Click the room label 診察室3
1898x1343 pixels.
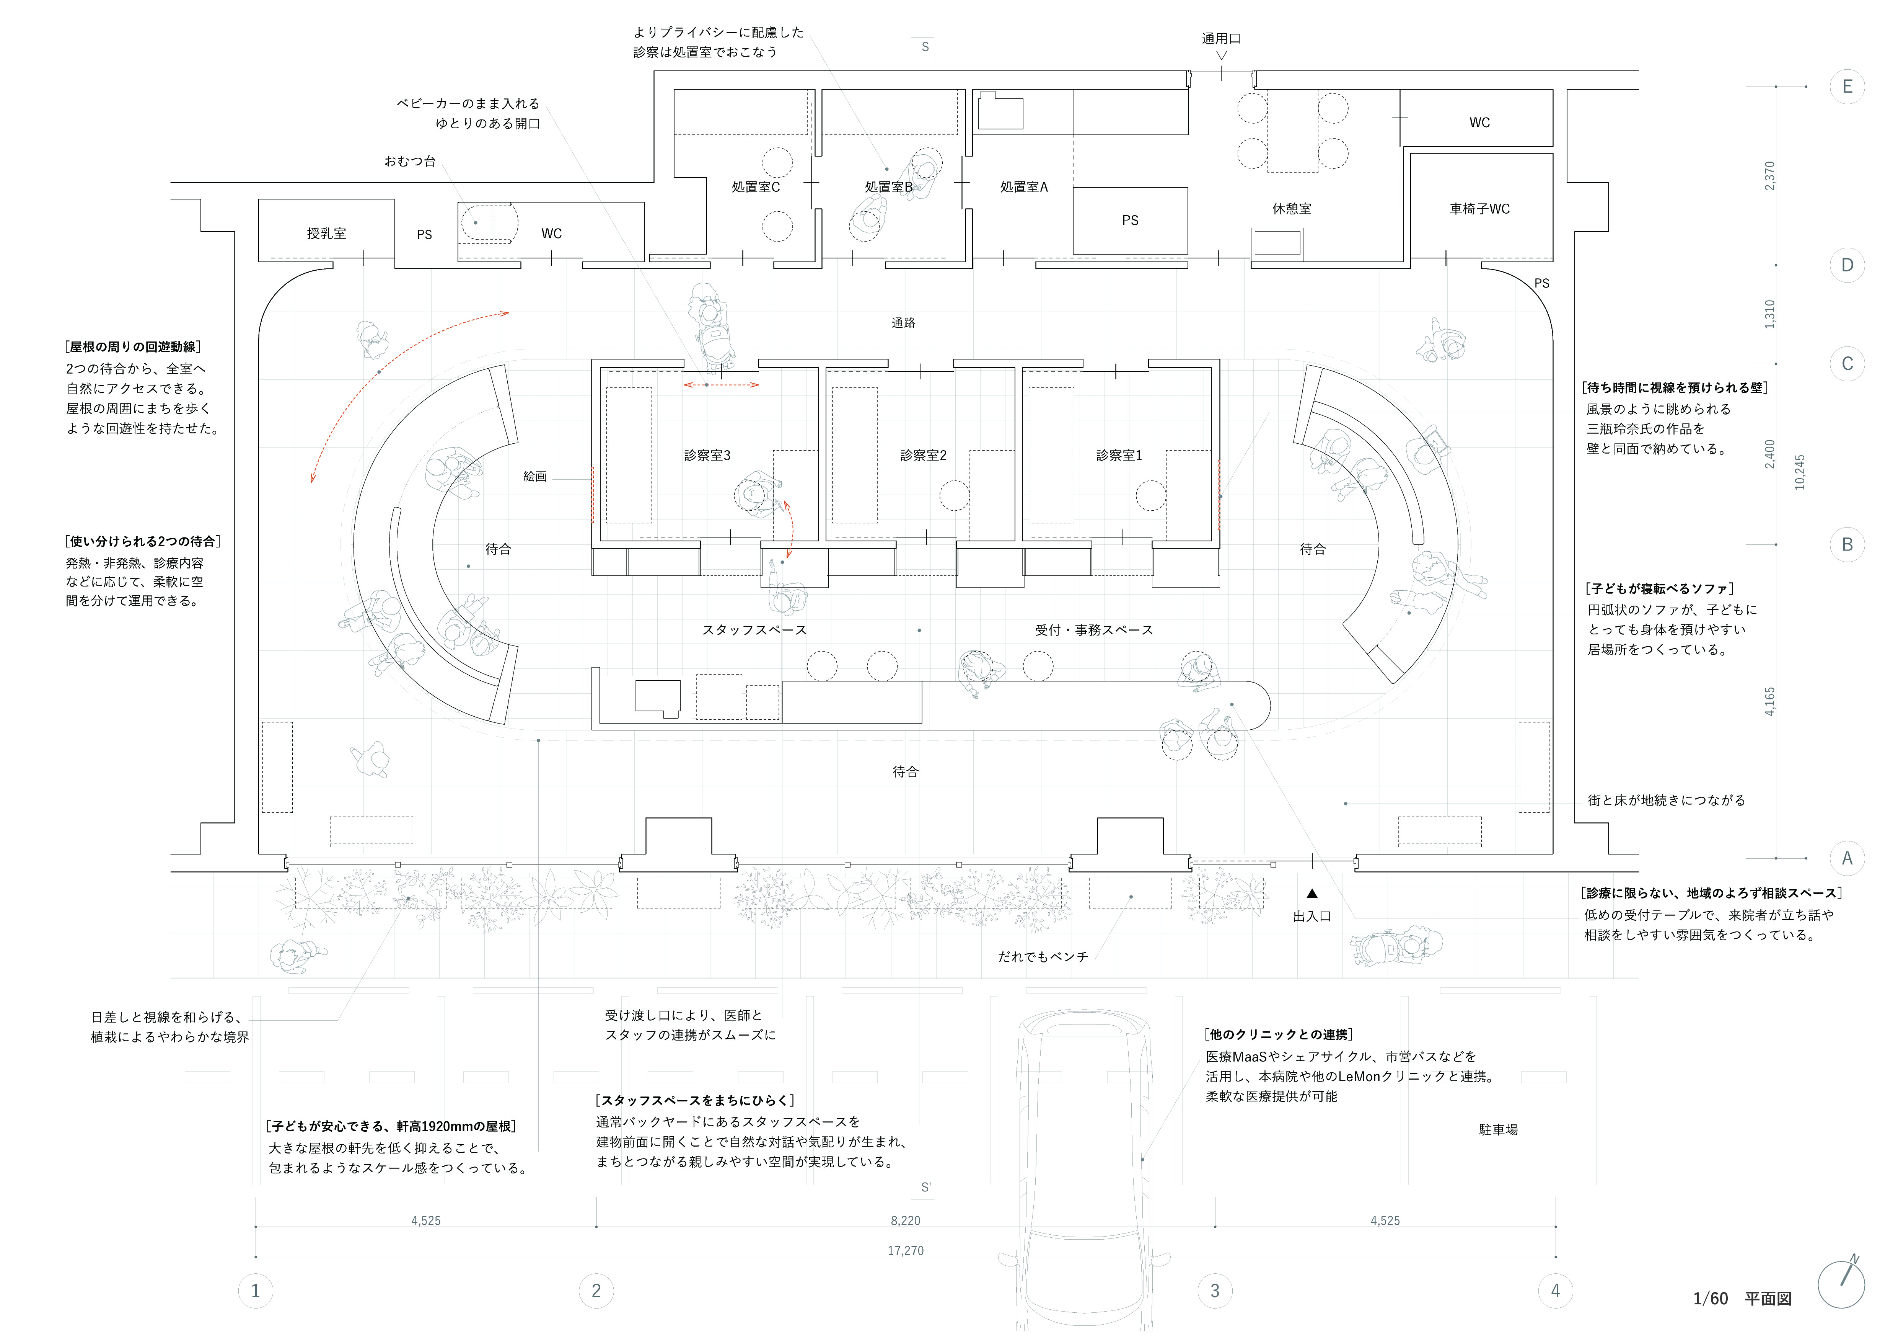(707, 455)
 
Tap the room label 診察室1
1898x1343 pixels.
(1118, 455)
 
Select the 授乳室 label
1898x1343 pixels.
(326, 233)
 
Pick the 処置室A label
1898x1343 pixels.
(1023, 187)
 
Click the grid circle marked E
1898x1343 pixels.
(1847, 87)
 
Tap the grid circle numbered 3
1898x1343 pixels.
(1214, 1290)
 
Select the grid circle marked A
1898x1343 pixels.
(1847, 858)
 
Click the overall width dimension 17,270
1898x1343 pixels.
(905, 1250)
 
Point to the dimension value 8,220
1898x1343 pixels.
(905, 1220)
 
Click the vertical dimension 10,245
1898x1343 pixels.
(1800, 472)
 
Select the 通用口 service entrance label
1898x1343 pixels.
(1221, 38)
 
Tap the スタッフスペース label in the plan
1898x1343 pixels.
(754, 630)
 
